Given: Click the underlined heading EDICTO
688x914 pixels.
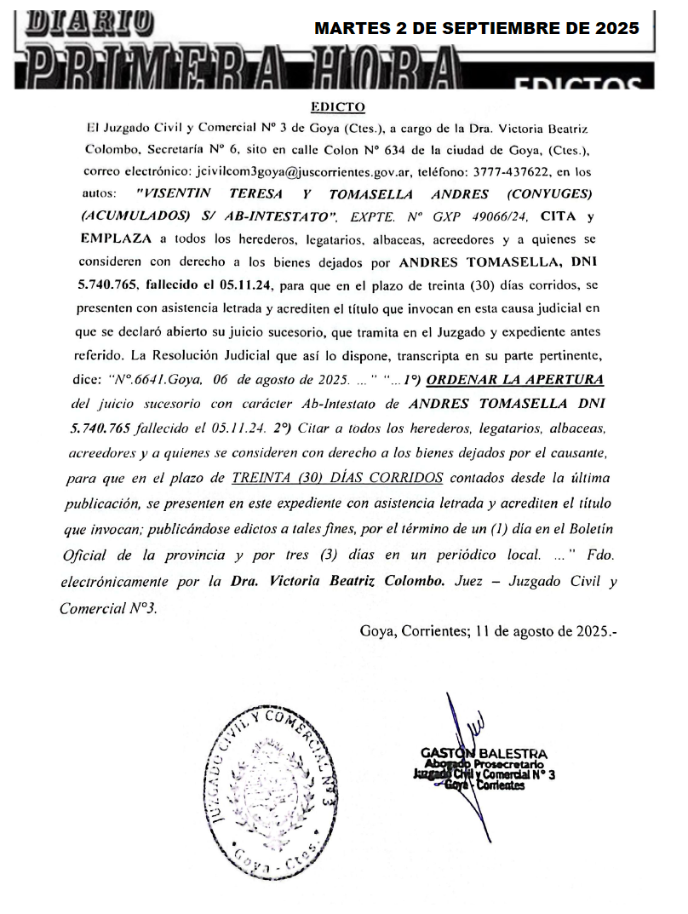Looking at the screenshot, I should [338, 107].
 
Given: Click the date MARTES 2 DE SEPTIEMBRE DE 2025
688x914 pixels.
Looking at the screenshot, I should [477, 28].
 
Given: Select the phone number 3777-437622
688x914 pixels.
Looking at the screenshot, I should [533, 171].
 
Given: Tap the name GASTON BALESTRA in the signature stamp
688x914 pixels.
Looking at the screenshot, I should [484, 753].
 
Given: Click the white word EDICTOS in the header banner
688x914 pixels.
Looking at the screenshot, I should [580, 83].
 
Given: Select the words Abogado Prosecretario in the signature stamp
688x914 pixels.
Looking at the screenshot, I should [478, 764].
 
